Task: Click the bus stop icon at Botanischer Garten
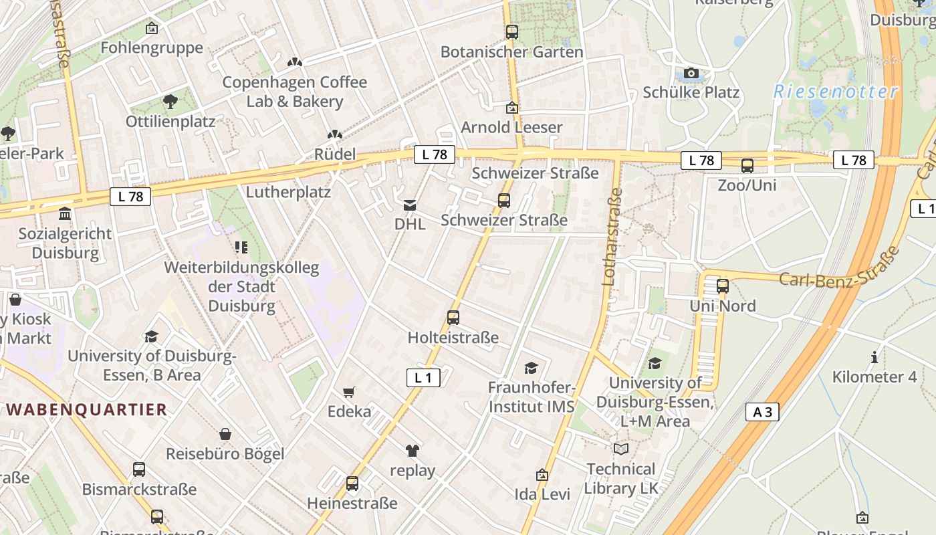coord(511,31)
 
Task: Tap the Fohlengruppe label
coord(152,48)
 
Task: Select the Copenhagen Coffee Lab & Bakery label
coord(294,92)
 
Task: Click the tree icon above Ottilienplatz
coord(170,102)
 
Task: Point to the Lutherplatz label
coord(288,193)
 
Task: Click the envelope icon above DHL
coord(410,205)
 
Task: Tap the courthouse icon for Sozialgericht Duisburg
coord(66,214)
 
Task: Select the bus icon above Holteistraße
coord(453,318)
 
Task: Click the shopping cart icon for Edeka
coord(348,392)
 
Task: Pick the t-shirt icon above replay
coord(412,451)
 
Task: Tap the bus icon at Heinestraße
coord(352,483)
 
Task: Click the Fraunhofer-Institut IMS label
coord(532,397)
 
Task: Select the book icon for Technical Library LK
coord(621,449)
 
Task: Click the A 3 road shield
coord(762,412)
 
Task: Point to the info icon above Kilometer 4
coord(874,357)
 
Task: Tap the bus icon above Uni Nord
coord(722,286)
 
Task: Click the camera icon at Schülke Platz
coord(691,73)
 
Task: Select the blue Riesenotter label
coord(836,92)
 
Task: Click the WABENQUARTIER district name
coord(86,409)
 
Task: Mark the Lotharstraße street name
coord(612,237)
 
